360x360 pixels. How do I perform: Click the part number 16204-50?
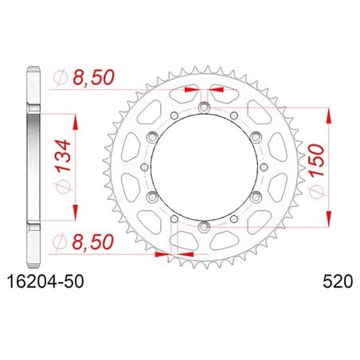pos(45,282)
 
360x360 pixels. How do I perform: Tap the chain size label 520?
pos(338,282)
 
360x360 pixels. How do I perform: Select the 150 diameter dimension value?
pos(317,161)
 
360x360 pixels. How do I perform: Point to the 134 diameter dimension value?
pos(63,155)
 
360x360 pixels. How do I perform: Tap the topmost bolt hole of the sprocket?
pos(204,108)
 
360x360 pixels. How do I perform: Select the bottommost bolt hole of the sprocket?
pos(204,226)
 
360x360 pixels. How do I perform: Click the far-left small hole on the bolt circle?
pos(144,166)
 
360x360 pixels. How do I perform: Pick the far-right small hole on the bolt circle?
pos(264,166)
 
